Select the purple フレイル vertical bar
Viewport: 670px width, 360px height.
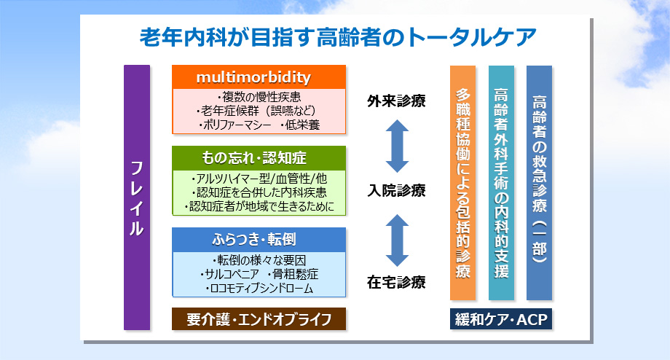137,197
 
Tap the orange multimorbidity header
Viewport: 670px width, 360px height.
259,77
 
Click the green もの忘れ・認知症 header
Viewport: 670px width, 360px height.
259,158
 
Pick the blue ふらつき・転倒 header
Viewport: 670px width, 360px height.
259,239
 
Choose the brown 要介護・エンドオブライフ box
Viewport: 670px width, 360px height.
259,318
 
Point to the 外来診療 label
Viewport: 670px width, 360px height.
397,101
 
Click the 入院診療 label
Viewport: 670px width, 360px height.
397,191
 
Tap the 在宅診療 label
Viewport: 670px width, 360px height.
397,281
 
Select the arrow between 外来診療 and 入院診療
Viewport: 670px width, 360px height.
397,146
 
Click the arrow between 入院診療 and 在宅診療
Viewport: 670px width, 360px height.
397,238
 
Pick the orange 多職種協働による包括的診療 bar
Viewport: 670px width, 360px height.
462,183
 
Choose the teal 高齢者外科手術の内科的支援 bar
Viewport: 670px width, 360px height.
501,183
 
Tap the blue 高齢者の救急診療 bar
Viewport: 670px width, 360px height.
539,183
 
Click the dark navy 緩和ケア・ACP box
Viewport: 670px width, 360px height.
500,319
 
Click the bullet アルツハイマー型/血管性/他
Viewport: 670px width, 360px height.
259,179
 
